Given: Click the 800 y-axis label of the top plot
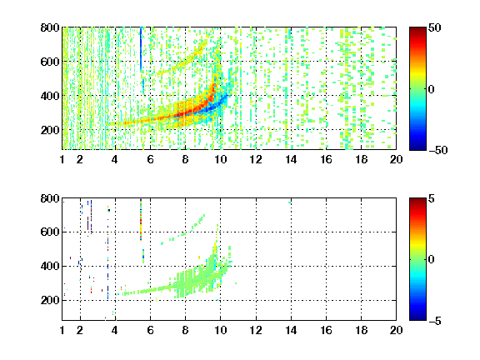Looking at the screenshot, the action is pyautogui.click(x=50, y=27).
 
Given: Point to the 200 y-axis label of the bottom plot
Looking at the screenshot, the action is pyautogui.click(x=50, y=300).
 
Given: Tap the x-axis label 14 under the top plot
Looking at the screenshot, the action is pyautogui.click(x=291, y=159).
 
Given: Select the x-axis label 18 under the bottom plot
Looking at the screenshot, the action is pyautogui.click(x=361, y=330).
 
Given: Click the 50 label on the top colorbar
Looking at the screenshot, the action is pyautogui.click(x=435, y=27).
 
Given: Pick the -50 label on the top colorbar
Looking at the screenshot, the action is pyautogui.click(x=438, y=150).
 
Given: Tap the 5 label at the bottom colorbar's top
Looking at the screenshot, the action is pyautogui.click(x=432, y=198).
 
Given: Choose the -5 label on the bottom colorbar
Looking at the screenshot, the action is pyautogui.click(x=435, y=321).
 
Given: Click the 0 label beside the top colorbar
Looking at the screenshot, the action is pyautogui.click(x=432, y=89).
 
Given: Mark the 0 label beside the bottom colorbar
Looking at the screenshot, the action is pyautogui.click(x=432, y=260).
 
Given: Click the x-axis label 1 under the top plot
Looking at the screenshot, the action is pyautogui.click(x=62, y=159).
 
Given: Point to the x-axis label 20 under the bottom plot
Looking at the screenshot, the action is pyautogui.click(x=396, y=330).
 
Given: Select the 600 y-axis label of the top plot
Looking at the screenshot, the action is pyautogui.click(x=50, y=62).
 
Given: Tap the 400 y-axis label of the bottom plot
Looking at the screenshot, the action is pyautogui.click(x=50, y=266).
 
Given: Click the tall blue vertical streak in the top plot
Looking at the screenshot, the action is pyautogui.click(x=141, y=50).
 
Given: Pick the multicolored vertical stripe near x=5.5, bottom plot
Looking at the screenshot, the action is pyautogui.click(x=141, y=219).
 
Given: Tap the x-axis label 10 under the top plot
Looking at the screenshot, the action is pyautogui.click(x=220, y=159).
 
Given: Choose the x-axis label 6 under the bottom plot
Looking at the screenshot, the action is pyautogui.click(x=150, y=330).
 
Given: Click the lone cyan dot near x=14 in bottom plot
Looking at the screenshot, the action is pyautogui.click(x=290, y=202).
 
